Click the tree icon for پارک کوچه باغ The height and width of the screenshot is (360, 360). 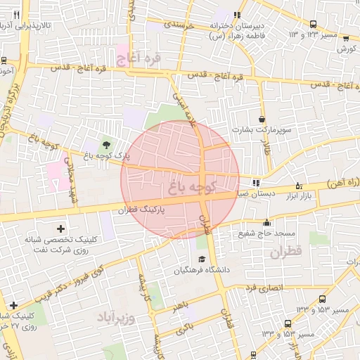tap(106, 145)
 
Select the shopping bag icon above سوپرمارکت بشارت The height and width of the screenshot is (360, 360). tap(262, 120)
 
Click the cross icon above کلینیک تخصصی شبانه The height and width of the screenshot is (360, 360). tap(60, 228)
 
